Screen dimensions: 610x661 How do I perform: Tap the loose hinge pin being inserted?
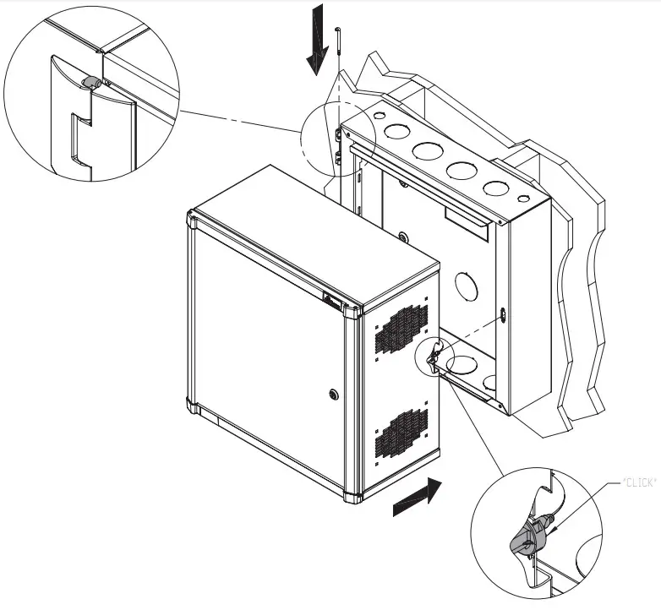pyautogui.click(x=338, y=42)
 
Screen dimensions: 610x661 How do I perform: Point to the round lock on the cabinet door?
pyautogui.click(x=334, y=394)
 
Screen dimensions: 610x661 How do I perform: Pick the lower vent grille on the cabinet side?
pyautogui.click(x=402, y=431)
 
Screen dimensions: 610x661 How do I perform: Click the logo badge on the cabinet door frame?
pyautogui.click(x=333, y=300)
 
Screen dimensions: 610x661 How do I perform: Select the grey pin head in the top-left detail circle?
pyautogui.click(x=90, y=82)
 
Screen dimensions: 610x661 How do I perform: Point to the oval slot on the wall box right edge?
pyautogui.click(x=504, y=314)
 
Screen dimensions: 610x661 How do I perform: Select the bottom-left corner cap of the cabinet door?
pyautogui.click(x=194, y=411)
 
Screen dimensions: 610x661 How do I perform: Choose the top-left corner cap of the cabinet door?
pyautogui.click(x=193, y=221)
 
